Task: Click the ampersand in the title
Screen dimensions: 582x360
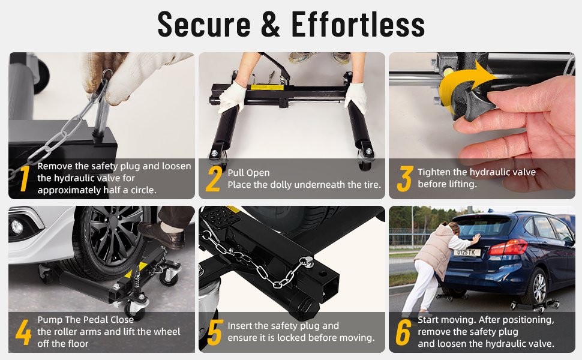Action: coord(271,25)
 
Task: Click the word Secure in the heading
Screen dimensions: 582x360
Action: coord(204,25)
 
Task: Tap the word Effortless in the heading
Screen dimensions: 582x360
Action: coord(358,25)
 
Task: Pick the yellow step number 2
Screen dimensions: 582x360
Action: coord(214,179)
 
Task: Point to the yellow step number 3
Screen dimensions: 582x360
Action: coord(404,179)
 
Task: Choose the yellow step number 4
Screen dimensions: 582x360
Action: coord(23,332)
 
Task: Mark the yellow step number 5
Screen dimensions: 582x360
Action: coord(215,332)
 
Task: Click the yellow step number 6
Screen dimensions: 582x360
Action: coord(403,332)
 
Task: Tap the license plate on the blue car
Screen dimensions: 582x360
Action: coord(467,253)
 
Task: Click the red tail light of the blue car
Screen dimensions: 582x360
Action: coord(508,247)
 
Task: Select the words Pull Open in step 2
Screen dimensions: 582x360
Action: coord(248,173)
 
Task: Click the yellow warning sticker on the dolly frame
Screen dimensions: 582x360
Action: coord(267,88)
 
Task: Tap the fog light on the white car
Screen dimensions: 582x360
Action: coord(17,227)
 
